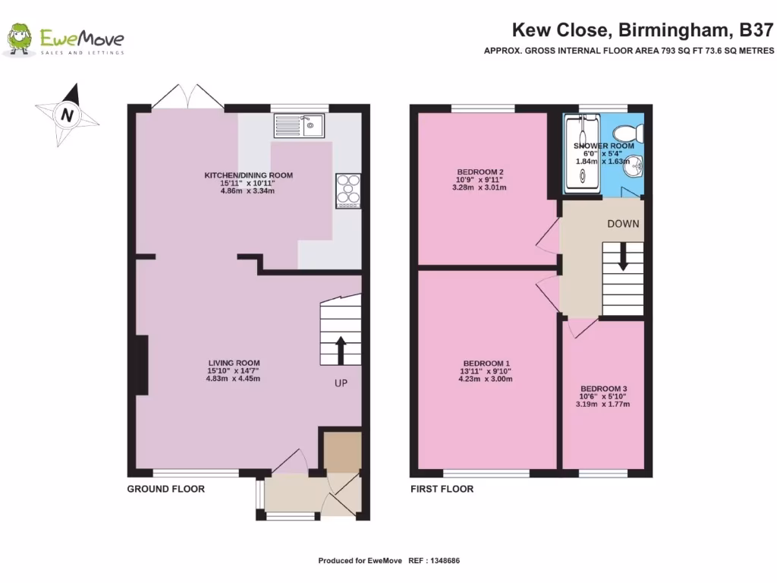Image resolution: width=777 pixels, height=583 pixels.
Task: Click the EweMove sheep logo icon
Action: [x=20, y=39]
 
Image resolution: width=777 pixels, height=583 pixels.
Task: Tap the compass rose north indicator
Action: [x=68, y=114]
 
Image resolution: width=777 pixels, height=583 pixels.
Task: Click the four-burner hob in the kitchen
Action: [x=348, y=191]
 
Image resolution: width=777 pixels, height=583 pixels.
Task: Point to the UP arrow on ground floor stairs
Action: [x=340, y=350]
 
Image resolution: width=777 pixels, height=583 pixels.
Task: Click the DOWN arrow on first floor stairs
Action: [x=623, y=257]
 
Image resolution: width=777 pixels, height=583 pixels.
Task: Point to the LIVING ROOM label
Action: [x=235, y=367]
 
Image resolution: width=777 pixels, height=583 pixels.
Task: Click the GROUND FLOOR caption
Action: [x=165, y=489]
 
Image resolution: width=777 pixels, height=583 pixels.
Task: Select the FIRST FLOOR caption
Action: [x=442, y=489]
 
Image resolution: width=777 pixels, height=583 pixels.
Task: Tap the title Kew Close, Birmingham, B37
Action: [x=643, y=30]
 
